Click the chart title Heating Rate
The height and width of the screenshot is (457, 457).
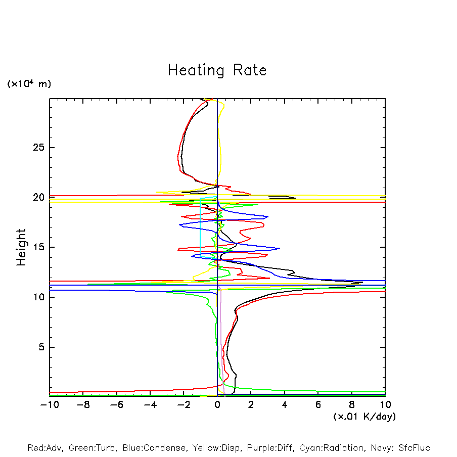pyautogui.click(x=217, y=70)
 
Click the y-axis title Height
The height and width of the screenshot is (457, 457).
pyautogui.click(x=21, y=247)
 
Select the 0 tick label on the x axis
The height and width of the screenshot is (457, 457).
pyautogui.click(x=217, y=404)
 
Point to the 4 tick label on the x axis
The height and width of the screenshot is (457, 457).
pyautogui.click(x=285, y=404)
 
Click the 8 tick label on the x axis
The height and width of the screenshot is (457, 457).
pyautogui.click(x=352, y=404)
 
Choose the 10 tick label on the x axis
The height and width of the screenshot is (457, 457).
pyautogui.click(x=385, y=404)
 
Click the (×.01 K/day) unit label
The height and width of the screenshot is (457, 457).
pyautogui.click(x=364, y=417)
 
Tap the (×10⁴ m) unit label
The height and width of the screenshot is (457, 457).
pyautogui.click(x=29, y=84)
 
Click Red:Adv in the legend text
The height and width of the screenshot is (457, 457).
pyautogui.click(x=44, y=448)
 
